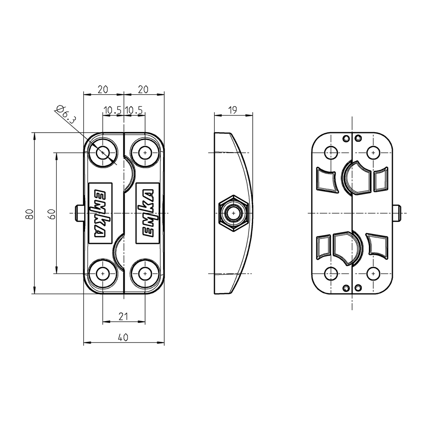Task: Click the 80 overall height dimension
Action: pyautogui.click(x=29, y=213)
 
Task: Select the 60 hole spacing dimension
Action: pyautogui.click(x=51, y=213)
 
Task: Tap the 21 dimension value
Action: pyautogui.click(x=123, y=316)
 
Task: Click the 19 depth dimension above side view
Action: pyautogui.click(x=233, y=110)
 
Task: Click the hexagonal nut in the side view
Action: pyautogui.click(x=234, y=213)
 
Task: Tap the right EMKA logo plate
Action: pyautogui.click(x=148, y=213)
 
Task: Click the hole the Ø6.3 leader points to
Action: pyautogui.click(x=103, y=153)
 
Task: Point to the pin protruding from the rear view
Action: pyautogui.click(x=397, y=213)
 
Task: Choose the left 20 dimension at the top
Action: pyautogui.click(x=103, y=89)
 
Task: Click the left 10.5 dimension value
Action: pyautogui.click(x=113, y=110)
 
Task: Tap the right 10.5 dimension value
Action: pyautogui.click(x=134, y=110)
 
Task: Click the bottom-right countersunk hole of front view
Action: pyautogui.click(x=145, y=273)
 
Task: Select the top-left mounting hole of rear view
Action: pyautogui.click(x=331, y=153)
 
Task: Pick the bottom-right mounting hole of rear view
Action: pyautogui.click(x=373, y=273)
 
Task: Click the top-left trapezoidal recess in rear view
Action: pyautogui.click(x=327, y=180)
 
